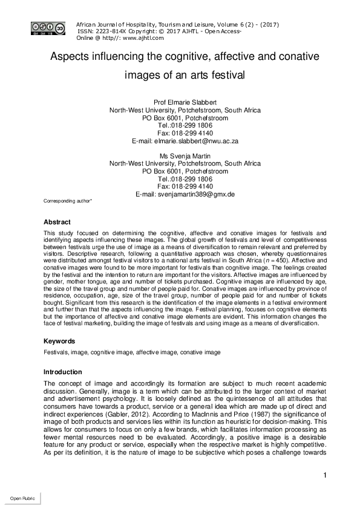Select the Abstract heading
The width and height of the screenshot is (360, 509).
click(x=56, y=222)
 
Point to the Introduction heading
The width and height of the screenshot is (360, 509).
click(x=64, y=371)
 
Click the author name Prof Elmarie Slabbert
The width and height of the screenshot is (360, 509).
click(x=185, y=102)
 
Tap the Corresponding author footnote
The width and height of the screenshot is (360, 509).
click(x=67, y=200)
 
